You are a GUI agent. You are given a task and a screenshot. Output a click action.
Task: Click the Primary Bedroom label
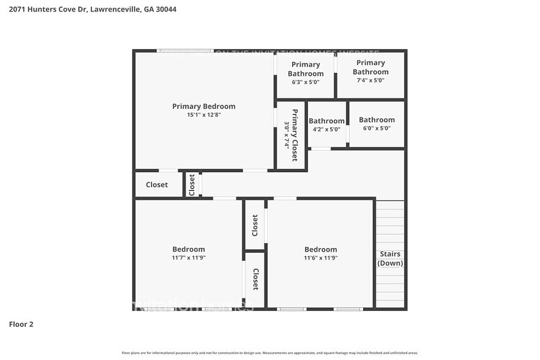click(x=203, y=107)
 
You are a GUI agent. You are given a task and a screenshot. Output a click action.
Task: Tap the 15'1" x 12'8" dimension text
click(x=203, y=115)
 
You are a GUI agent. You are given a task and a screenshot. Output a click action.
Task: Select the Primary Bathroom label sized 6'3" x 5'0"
click(x=306, y=69)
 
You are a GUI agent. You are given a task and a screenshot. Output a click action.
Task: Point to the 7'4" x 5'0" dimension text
click(x=370, y=80)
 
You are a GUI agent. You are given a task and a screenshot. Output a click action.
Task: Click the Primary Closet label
click(x=295, y=135)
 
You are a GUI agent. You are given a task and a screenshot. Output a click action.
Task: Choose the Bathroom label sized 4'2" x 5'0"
click(x=326, y=121)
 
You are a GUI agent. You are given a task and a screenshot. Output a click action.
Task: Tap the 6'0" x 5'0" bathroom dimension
click(x=377, y=129)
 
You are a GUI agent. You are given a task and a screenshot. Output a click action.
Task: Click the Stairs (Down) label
click(x=390, y=258)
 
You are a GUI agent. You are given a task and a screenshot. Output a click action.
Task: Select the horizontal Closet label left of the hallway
click(x=157, y=185)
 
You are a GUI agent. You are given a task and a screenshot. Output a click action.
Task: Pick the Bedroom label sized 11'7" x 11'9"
click(x=189, y=249)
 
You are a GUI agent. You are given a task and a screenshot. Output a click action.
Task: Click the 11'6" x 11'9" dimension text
click(x=321, y=258)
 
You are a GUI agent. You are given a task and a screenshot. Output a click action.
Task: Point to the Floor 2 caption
click(x=21, y=324)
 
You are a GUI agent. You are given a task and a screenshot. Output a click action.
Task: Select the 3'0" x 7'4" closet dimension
click(x=286, y=135)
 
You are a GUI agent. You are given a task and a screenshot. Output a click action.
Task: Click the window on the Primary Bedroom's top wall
click(x=185, y=51)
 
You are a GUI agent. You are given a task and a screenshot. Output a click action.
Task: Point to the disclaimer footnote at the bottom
click(x=269, y=353)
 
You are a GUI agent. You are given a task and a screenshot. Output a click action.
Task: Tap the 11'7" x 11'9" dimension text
click(x=189, y=258)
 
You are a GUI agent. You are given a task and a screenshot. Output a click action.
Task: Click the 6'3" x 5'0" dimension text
click(x=306, y=82)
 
